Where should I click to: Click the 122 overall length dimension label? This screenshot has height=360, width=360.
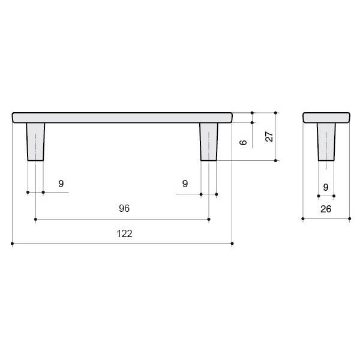click(x=124, y=234)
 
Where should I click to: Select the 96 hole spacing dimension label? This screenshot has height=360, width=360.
click(x=124, y=208)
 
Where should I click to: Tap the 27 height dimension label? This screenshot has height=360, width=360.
click(x=269, y=136)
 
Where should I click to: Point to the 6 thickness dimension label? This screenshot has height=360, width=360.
click(x=243, y=142)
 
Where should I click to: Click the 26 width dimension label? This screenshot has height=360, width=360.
click(x=326, y=209)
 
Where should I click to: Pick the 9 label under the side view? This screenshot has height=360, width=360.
click(x=326, y=187)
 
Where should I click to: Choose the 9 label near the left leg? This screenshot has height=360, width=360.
click(x=61, y=184)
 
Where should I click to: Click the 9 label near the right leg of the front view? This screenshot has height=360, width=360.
click(x=185, y=184)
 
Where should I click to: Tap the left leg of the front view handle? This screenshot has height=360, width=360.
click(x=35, y=142)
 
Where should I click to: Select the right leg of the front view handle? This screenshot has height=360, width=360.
click(x=209, y=142)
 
